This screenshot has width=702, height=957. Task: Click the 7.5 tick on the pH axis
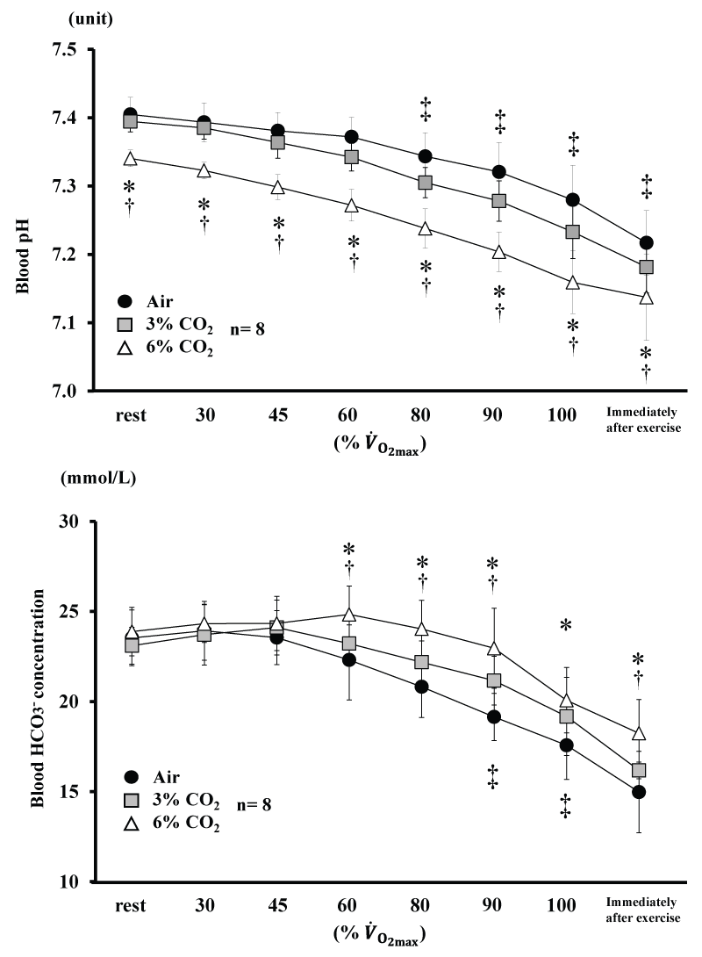coord(67,50)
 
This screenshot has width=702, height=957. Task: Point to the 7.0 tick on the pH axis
coord(67,391)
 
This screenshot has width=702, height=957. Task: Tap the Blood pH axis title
coord(27,219)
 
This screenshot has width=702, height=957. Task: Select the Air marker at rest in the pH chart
coord(130,115)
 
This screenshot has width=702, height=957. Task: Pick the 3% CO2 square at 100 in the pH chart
coord(572,232)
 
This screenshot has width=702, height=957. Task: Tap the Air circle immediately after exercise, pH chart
coord(646,243)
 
